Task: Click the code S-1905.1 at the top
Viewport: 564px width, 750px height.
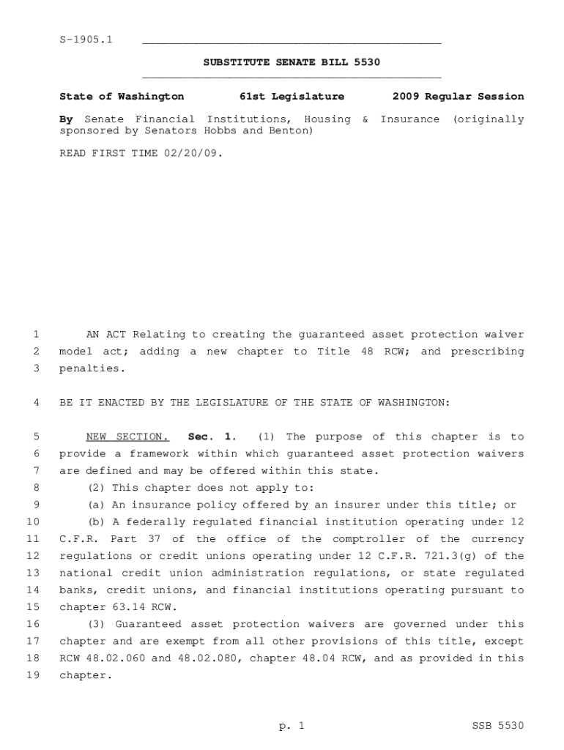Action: [86, 40]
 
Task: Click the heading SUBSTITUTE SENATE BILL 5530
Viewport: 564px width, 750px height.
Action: [292, 62]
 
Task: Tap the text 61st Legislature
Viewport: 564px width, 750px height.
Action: [292, 96]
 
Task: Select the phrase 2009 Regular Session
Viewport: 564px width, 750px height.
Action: [458, 96]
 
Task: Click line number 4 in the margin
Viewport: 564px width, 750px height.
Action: [36, 403]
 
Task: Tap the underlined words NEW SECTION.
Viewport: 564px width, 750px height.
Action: [127, 437]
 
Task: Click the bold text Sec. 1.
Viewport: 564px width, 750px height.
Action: [212, 437]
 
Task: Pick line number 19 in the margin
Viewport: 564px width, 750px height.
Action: [32, 675]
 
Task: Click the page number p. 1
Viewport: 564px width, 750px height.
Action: [291, 726]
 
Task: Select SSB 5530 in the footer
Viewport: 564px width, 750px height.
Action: [498, 726]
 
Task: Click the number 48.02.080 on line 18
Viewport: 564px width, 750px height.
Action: [212, 658]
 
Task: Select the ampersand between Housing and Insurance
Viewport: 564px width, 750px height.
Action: [365, 119]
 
